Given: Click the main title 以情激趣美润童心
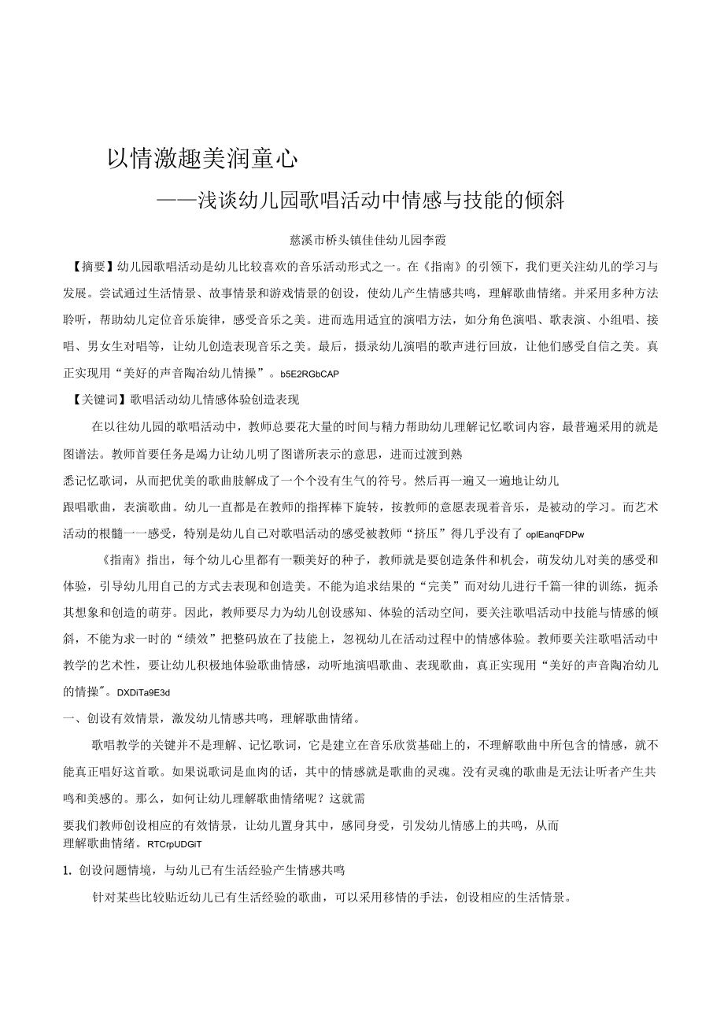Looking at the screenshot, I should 203,160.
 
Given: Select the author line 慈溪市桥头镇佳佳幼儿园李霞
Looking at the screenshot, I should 369,239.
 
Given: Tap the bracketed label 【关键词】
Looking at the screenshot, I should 98,400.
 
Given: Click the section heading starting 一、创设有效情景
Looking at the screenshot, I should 212,717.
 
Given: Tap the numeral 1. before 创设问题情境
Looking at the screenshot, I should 67,871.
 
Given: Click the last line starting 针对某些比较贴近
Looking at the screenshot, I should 331,898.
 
